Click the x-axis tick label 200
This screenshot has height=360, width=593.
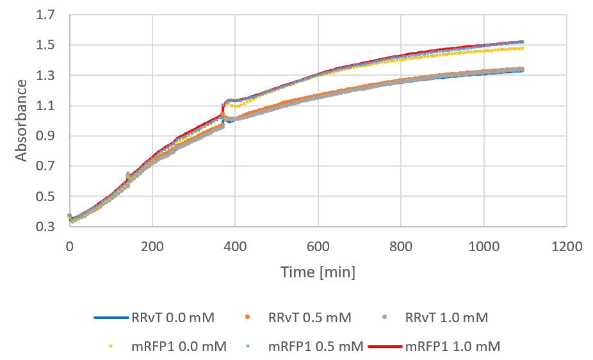(152, 246)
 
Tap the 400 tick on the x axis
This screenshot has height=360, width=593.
(235, 246)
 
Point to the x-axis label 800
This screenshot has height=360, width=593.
(401, 246)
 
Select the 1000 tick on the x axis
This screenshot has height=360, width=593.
(483, 246)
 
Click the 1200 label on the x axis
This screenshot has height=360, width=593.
(567, 246)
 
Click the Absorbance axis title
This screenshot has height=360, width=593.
(22, 120)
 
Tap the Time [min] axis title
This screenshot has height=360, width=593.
(318, 272)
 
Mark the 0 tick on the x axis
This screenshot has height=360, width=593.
(69, 246)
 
